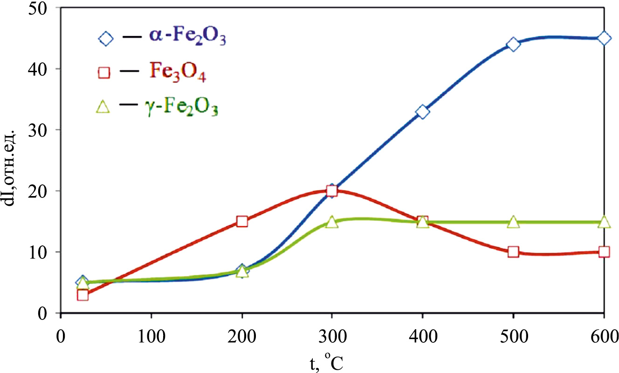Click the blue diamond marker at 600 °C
click(x=604, y=38)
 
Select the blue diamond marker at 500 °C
click(x=513, y=45)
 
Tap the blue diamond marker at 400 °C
click(x=422, y=112)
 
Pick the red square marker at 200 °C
click(x=242, y=221)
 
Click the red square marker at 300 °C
click(x=332, y=191)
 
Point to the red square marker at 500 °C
click(x=513, y=252)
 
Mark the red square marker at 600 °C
click(x=604, y=252)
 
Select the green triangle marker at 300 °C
click(x=332, y=222)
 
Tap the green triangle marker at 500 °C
click(x=513, y=222)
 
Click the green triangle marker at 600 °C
click(x=604, y=222)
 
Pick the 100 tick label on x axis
click(x=151, y=337)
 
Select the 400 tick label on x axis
click(x=422, y=337)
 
